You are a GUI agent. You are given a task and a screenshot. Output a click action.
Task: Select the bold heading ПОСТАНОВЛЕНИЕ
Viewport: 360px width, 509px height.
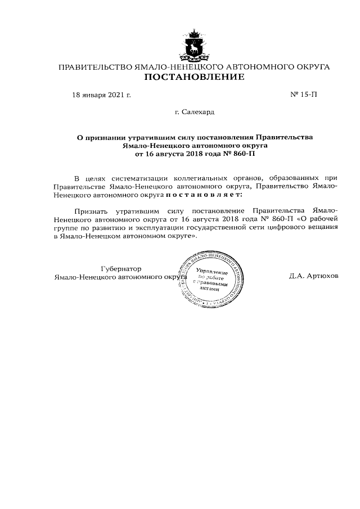[x=194, y=77]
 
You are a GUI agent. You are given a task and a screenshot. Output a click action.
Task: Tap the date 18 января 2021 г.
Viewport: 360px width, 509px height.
[x=101, y=94]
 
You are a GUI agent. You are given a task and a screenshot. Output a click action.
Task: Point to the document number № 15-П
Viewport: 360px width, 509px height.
[x=304, y=94]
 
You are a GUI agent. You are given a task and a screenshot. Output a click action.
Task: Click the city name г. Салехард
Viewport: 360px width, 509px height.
[x=194, y=112]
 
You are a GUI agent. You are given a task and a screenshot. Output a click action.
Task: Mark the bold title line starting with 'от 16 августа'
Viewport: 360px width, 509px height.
[x=194, y=153]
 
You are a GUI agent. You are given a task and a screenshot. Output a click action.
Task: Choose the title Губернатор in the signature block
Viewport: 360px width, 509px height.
[x=121, y=268]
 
